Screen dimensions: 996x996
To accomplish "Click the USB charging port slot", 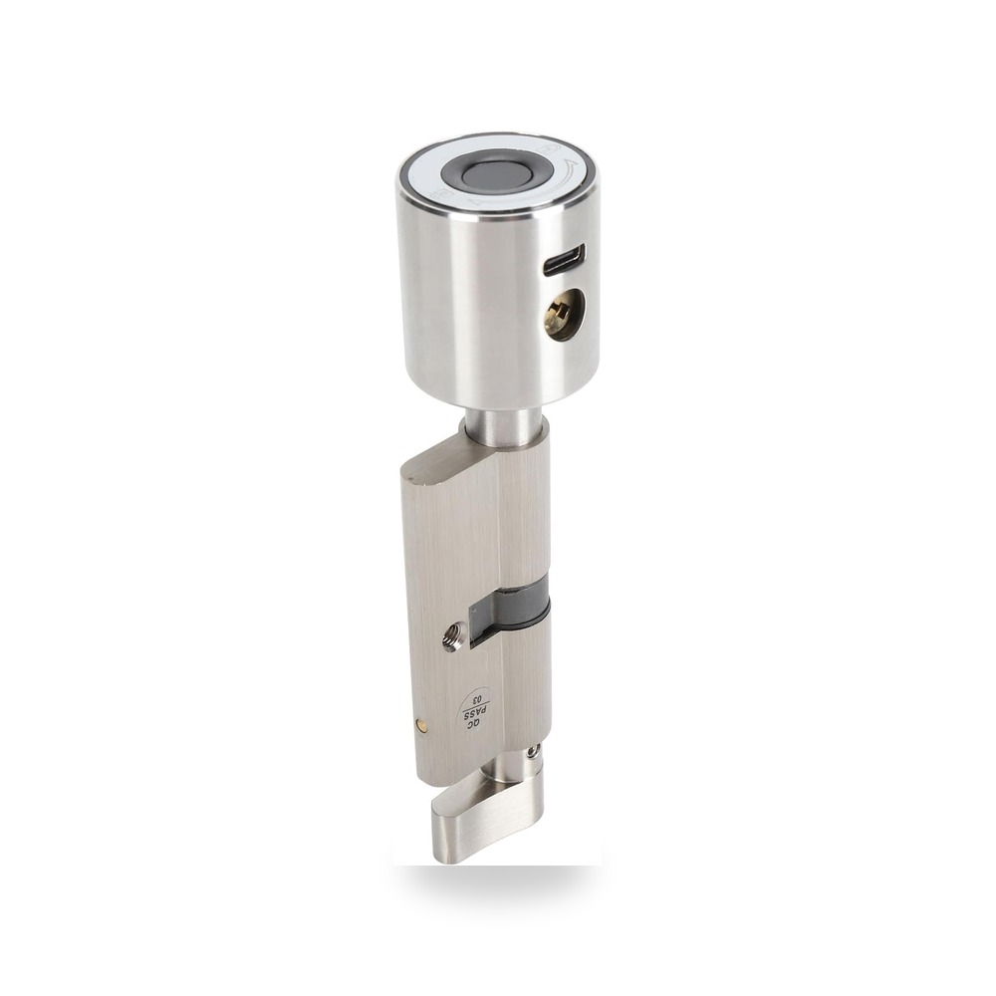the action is tap(565, 258).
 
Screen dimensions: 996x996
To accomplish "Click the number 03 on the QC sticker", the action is tap(483, 696).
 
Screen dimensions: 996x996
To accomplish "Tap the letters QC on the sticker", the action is tap(471, 727).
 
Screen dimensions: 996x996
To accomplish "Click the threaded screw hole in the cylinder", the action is tap(451, 637).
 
